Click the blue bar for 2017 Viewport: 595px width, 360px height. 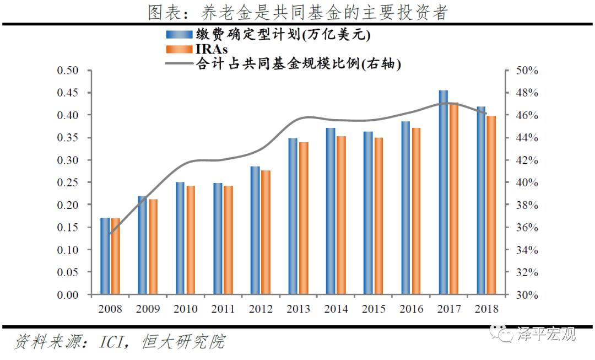[443, 192]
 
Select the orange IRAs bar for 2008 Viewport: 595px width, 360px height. [115, 256]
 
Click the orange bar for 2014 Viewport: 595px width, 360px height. [341, 216]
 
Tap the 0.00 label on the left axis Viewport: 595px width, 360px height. [69, 295]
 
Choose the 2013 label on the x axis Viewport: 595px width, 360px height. [298, 309]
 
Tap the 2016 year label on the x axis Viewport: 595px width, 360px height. [411, 309]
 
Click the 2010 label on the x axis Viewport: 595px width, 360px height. [185, 309]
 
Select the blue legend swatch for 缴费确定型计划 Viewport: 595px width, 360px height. [180, 35]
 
